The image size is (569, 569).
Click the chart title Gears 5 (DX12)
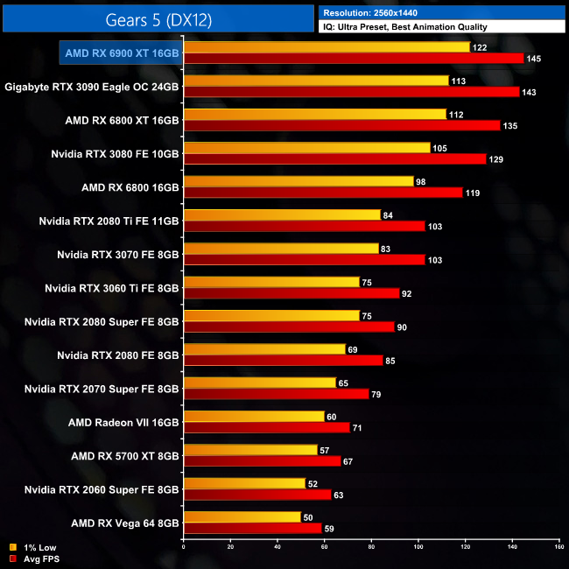click(x=158, y=18)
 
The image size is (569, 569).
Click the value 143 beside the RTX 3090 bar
click(x=527, y=92)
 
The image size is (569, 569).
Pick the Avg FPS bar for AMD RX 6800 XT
click(x=341, y=125)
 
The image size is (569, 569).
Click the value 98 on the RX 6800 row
click(x=422, y=181)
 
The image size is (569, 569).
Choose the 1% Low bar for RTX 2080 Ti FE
click(x=281, y=214)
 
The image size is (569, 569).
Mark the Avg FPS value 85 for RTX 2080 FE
click(x=391, y=360)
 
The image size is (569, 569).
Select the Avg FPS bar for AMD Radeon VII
click(x=266, y=427)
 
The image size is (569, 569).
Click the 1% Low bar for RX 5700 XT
click(x=249, y=450)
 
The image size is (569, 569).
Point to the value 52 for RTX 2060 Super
click(x=313, y=483)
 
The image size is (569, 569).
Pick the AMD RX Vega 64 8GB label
click(x=124, y=523)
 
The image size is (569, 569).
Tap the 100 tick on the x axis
click(x=418, y=548)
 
